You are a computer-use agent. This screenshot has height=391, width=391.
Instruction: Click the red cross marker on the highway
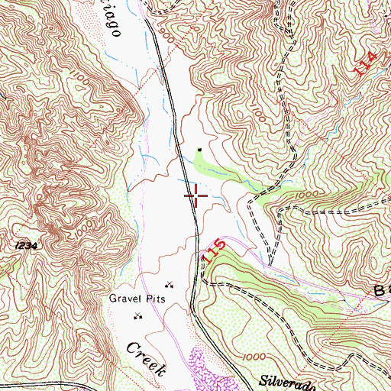[x=196, y=196]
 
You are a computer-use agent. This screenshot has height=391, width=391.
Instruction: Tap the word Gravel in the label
[x=124, y=299]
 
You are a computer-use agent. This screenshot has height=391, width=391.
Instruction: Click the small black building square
[x=201, y=150]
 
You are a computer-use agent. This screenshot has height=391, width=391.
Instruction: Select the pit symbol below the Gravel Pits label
[x=138, y=315]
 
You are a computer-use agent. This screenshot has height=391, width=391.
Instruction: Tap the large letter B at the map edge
[x=380, y=289]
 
